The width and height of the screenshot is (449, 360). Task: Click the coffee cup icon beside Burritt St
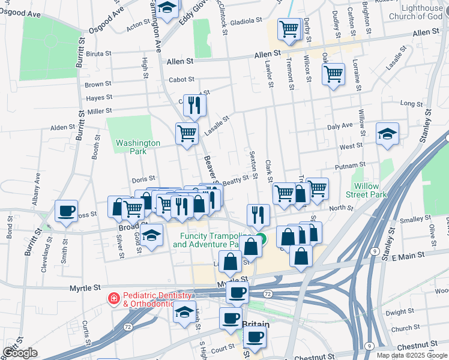pos(66,211)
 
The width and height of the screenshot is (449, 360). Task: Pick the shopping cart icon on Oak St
pos(333,74)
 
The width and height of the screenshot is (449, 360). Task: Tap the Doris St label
pos(143,179)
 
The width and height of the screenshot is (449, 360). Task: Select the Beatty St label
pos(235,179)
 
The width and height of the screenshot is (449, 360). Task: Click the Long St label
pos(411,104)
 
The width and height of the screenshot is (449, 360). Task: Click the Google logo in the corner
pos(20,353)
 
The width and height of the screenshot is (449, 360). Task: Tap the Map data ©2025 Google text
pos(411,355)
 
